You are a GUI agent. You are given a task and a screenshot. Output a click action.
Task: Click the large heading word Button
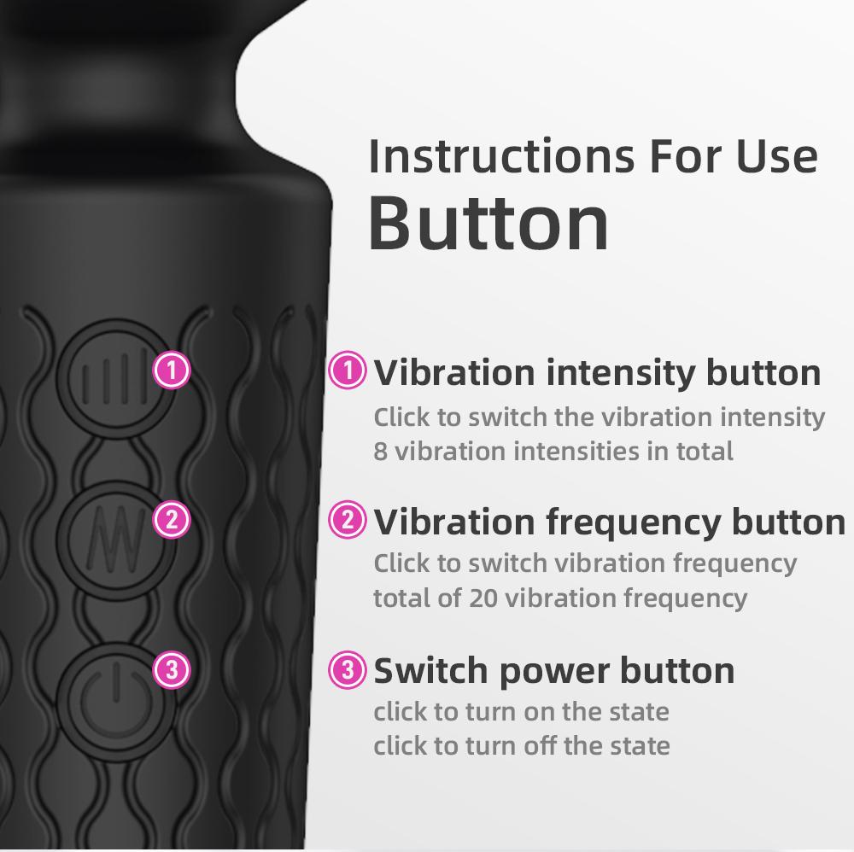[x=488, y=223]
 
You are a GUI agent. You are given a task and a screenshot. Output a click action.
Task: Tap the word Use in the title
[x=777, y=156]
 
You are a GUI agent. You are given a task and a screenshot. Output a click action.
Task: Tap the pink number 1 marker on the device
[x=172, y=371]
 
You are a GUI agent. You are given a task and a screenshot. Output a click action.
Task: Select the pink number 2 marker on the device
[x=172, y=520]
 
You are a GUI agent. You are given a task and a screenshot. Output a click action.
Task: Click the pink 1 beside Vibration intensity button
[x=348, y=371]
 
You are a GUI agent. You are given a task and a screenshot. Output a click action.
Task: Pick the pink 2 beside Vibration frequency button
[x=348, y=521]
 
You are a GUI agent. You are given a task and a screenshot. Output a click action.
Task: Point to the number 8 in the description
[x=380, y=451]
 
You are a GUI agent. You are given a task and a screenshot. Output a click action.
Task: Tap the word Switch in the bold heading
[x=431, y=671]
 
